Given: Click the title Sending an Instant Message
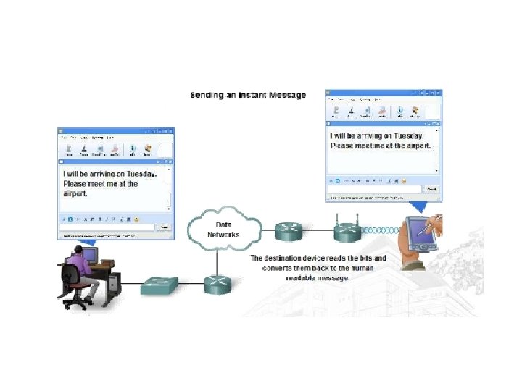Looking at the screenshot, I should coord(248,95).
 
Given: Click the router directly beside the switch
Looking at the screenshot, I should coord(215,284).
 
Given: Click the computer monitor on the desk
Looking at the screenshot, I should coord(89,255).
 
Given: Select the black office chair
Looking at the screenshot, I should coord(72,282).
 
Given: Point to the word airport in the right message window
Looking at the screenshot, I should coord(417,145).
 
